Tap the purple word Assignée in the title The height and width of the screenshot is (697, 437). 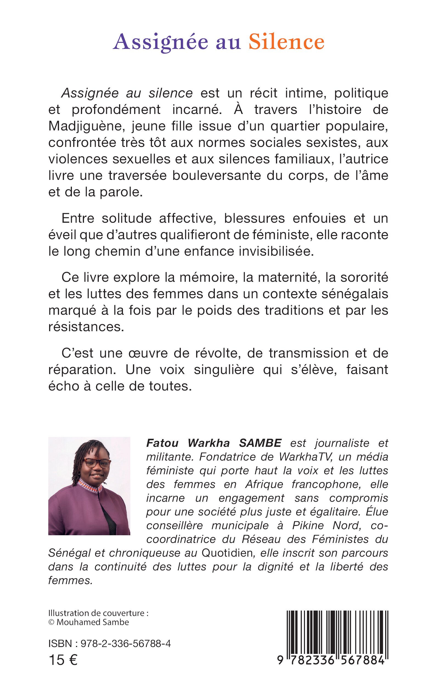click(x=160, y=43)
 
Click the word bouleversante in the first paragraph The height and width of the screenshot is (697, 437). click(x=217, y=176)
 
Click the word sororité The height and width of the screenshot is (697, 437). click(x=364, y=277)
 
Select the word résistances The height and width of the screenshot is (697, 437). click(x=86, y=327)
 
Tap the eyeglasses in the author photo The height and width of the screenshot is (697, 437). click(x=98, y=463)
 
